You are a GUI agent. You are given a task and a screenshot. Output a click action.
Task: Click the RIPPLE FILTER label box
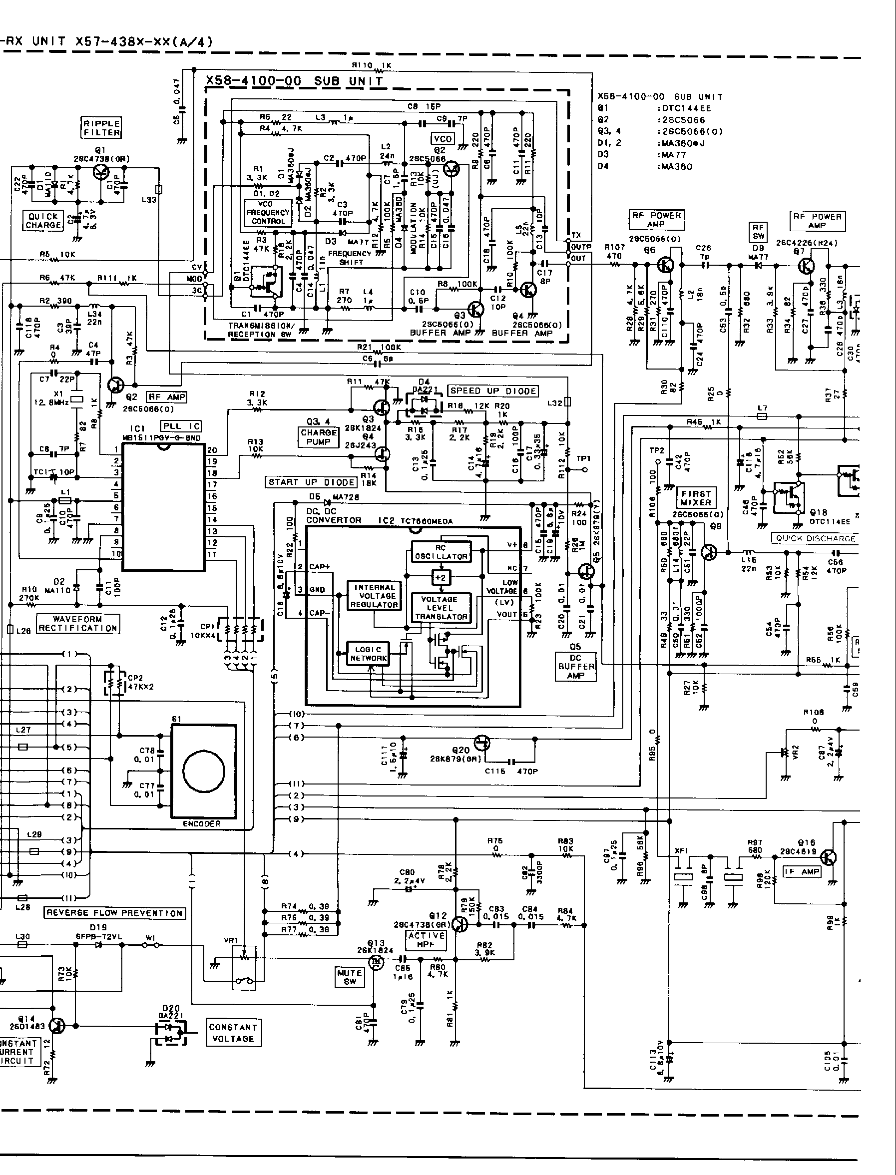click(101, 127)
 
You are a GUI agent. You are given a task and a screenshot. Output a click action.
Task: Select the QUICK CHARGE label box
click(43, 221)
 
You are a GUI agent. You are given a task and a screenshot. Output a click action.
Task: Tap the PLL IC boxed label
click(181, 426)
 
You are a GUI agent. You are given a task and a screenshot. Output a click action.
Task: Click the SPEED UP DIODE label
click(493, 391)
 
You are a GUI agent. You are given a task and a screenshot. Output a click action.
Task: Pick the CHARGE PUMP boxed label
click(319, 437)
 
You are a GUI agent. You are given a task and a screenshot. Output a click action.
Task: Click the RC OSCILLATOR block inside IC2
click(441, 552)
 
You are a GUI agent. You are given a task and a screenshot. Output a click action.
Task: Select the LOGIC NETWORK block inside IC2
click(368, 654)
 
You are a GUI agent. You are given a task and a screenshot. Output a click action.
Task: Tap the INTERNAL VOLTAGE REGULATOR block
click(374, 596)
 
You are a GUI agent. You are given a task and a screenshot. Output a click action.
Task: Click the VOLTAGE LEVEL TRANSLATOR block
click(441, 608)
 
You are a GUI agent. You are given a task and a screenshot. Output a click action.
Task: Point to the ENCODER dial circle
click(203, 772)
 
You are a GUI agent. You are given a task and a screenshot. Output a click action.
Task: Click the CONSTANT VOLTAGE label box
click(233, 1033)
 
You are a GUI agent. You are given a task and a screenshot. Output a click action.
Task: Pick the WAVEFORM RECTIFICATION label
click(78, 623)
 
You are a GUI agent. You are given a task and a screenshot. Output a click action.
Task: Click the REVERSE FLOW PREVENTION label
click(115, 913)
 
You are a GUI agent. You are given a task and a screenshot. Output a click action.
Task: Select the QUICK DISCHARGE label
click(816, 538)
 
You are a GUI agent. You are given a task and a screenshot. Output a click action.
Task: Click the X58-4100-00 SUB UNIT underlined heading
click(294, 81)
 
